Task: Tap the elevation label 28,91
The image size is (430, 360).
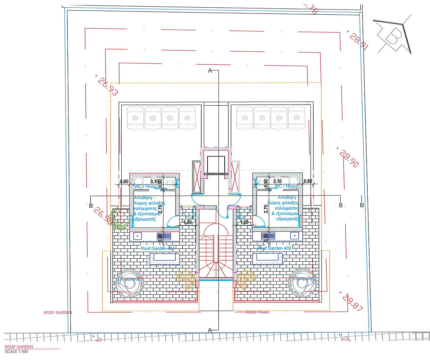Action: pyautogui.click(x=359, y=41)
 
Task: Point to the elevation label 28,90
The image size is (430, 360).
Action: pyautogui.click(x=349, y=158)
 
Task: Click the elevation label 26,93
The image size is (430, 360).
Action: pyautogui.click(x=108, y=87)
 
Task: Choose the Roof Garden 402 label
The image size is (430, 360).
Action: pyautogui.click(x=274, y=248)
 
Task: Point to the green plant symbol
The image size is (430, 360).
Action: pyautogui.click(x=119, y=219)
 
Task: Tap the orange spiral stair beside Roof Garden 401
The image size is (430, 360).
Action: pyautogui.click(x=186, y=280)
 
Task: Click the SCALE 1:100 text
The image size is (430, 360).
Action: pyautogui.click(x=16, y=351)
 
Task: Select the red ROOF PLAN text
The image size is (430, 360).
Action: pyautogui.click(x=257, y=313)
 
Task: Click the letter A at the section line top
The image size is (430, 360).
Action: pyautogui.click(x=210, y=70)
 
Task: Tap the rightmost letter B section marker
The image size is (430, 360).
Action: pyautogui.click(x=362, y=205)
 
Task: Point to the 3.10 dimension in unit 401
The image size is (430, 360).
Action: pyautogui.click(x=154, y=181)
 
